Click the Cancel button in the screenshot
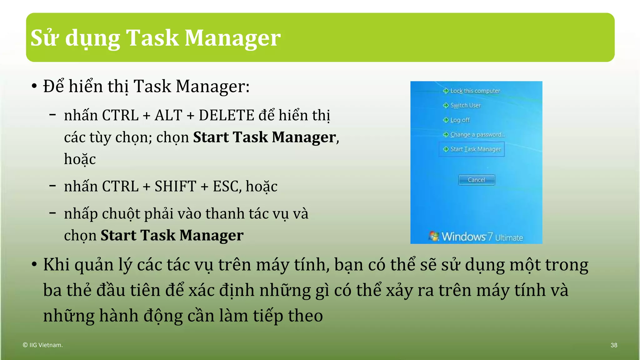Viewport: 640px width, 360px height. coord(477,180)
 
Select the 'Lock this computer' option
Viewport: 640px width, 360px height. coord(475,91)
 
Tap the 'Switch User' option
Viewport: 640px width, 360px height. coord(465,106)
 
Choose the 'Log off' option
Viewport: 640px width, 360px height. coord(460,120)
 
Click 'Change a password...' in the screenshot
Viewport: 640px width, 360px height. coord(477,135)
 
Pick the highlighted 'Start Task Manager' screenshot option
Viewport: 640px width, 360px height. coord(475,149)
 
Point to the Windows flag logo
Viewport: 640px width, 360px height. coord(433,236)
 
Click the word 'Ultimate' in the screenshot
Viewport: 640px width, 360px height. coord(509,238)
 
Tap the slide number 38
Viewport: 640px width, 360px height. coord(614,345)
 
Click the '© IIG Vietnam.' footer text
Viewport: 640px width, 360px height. coord(43,345)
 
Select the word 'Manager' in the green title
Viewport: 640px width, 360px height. coord(232,38)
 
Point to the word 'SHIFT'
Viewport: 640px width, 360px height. coord(175,187)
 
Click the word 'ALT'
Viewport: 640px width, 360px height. coord(168,115)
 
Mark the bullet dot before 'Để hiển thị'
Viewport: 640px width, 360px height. coord(34,87)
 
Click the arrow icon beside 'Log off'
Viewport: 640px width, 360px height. coord(446,120)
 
